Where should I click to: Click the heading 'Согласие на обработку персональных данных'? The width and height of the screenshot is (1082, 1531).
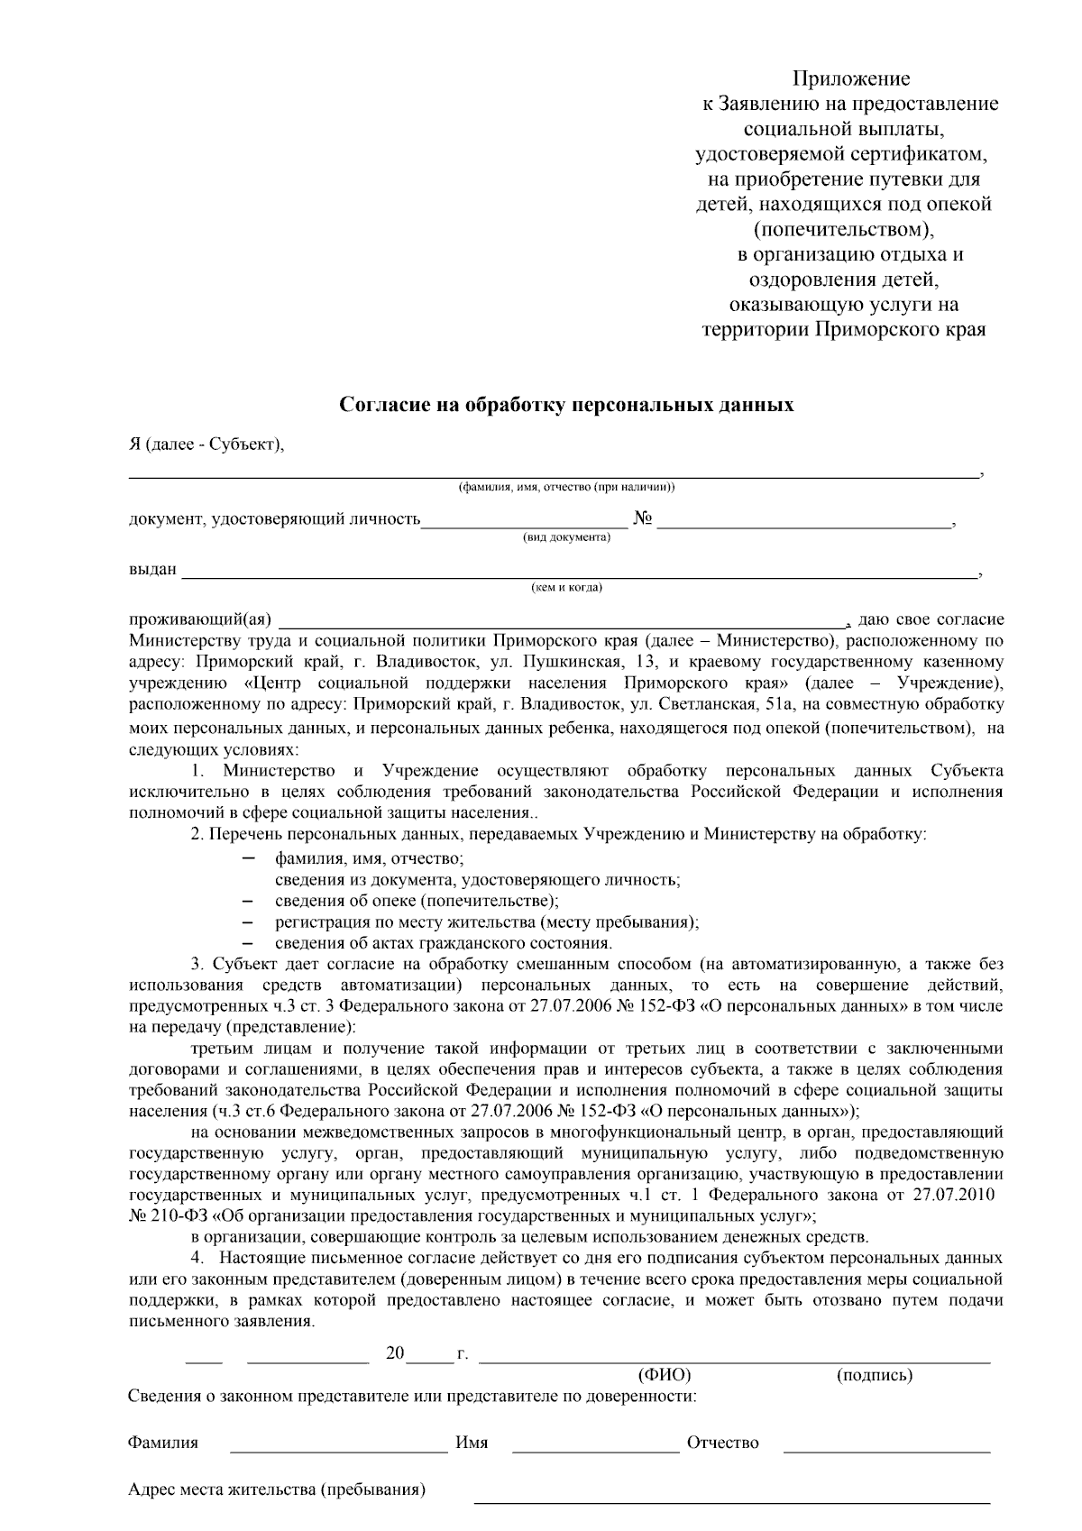(566, 405)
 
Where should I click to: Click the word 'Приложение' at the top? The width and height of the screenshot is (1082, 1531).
(851, 78)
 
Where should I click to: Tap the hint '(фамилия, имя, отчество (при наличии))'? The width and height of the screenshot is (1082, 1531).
(567, 488)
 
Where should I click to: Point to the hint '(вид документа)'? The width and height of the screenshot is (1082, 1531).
(566, 537)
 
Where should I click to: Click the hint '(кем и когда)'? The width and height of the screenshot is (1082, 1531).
(567, 588)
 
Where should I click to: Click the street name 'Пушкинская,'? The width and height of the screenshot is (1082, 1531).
(569, 661)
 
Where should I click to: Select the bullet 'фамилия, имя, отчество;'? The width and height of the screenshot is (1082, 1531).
(369, 858)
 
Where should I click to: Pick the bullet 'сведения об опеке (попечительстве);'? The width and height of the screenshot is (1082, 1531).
(417, 901)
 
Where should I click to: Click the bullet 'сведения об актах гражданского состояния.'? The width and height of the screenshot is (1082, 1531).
(444, 943)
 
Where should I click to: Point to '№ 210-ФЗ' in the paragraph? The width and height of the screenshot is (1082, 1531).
(161, 1215)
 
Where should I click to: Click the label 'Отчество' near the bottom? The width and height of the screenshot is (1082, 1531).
(722, 1443)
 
